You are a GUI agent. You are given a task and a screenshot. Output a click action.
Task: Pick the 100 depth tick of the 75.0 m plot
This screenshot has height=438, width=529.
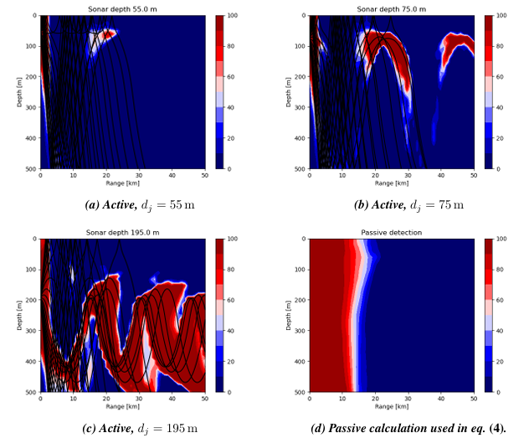pos(297,46)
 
